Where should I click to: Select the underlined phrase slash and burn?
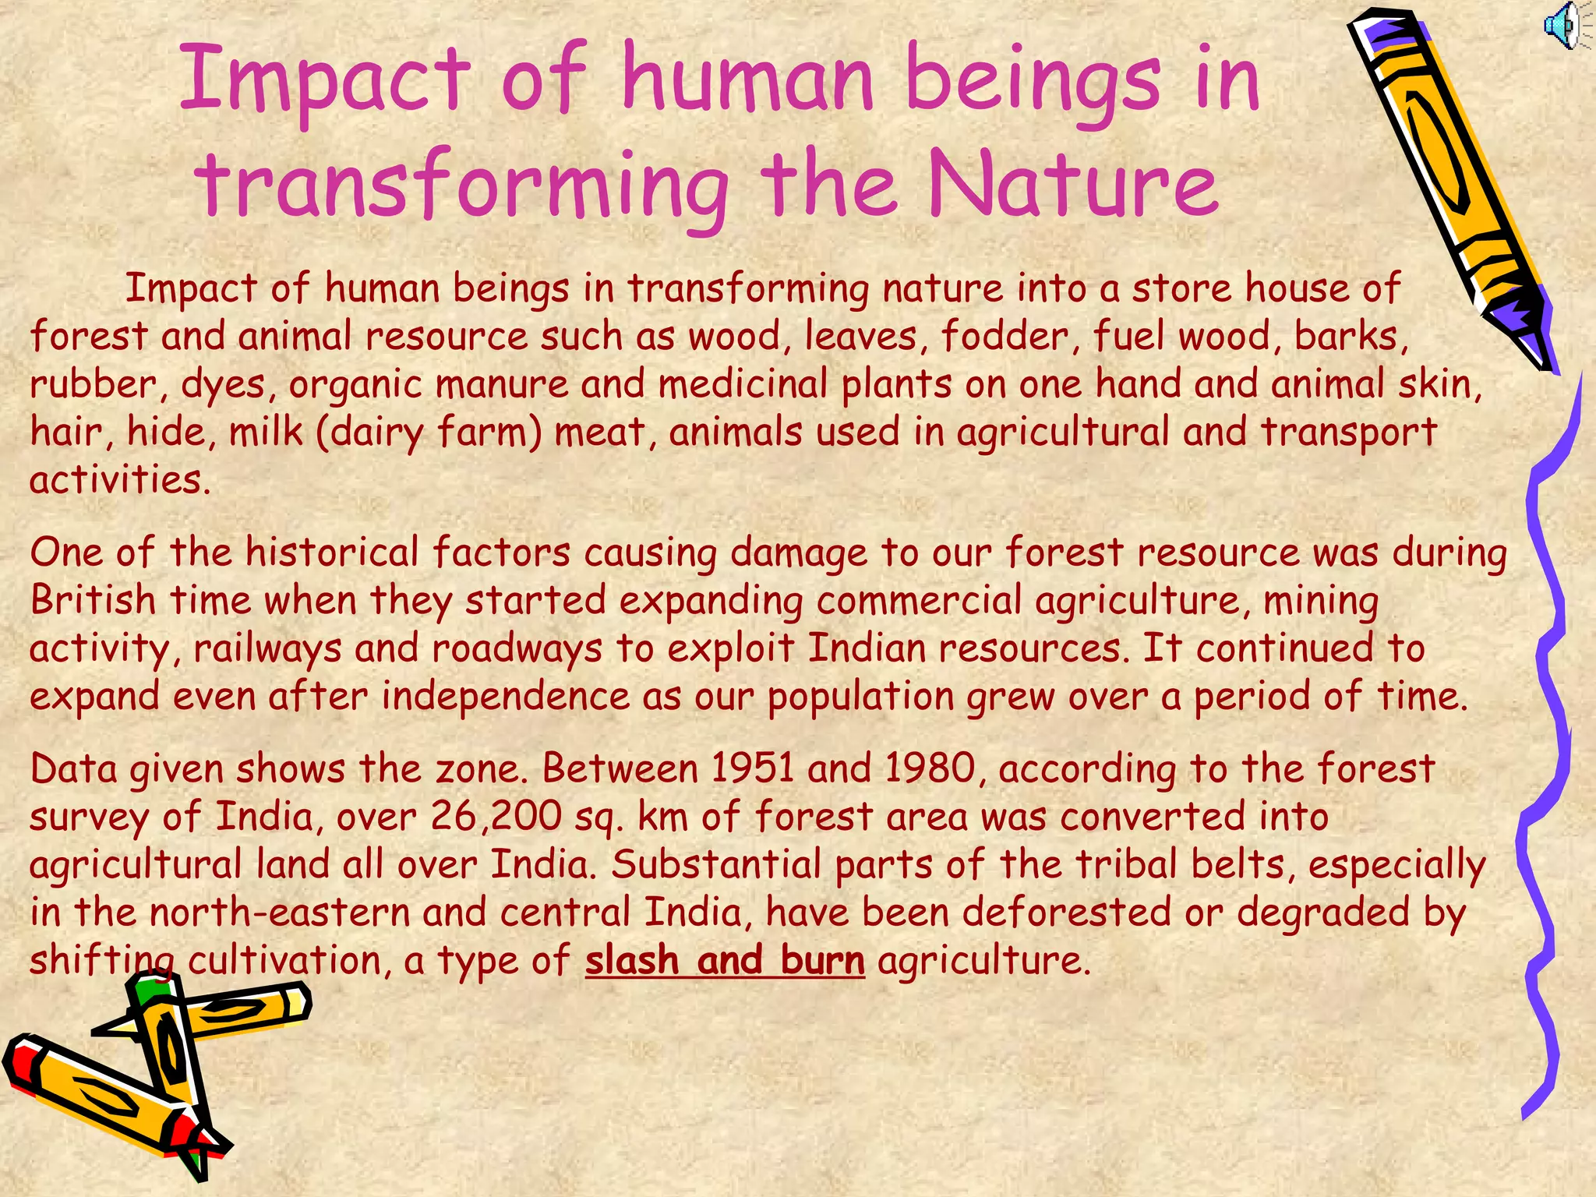point(725,960)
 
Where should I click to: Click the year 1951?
point(752,768)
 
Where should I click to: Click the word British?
point(94,600)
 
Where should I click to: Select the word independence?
point(505,696)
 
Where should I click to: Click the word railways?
point(267,649)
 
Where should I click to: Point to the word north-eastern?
point(280,913)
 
